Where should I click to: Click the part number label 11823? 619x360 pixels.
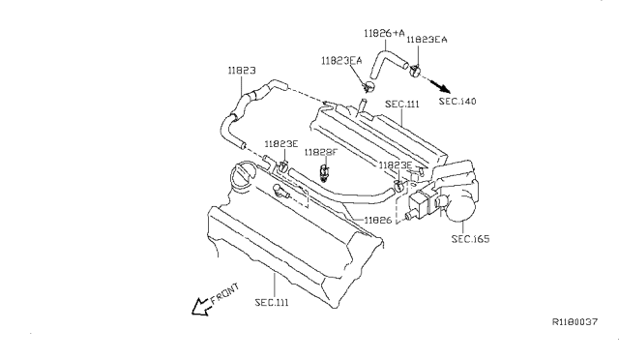[x=242, y=71]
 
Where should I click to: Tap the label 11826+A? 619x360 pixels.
[x=384, y=33]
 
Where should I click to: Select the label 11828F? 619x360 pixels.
[x=321, y=152]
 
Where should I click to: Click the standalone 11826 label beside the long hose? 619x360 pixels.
[x=378, y=220]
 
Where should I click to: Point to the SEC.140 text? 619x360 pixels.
[x=457, y=102]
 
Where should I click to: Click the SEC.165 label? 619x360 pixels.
[x=470, y=239]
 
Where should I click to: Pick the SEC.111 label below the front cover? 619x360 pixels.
[x=272, y=302]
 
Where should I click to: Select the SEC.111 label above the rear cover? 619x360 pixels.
[x=402, y=105]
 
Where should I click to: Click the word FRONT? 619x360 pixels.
[x=224, y=293]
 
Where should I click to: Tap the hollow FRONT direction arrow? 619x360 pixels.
[x=200, y=307]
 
